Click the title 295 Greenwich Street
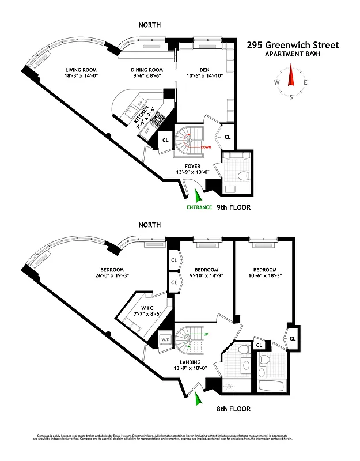coord(293,45)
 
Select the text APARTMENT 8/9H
coord(293,55)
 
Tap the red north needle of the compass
coord(291,75)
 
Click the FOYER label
coord(192,167)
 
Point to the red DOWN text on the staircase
coord(206,148)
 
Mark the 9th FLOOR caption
coord(234,207)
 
